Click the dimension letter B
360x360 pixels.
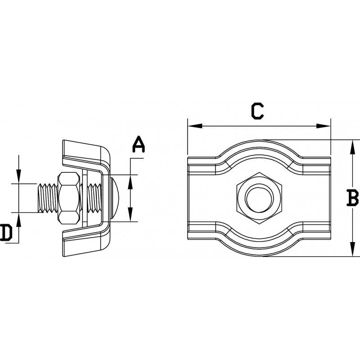coord(353,198)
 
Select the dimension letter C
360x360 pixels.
coord(257,111)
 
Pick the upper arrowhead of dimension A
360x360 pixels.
coord(130,179)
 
